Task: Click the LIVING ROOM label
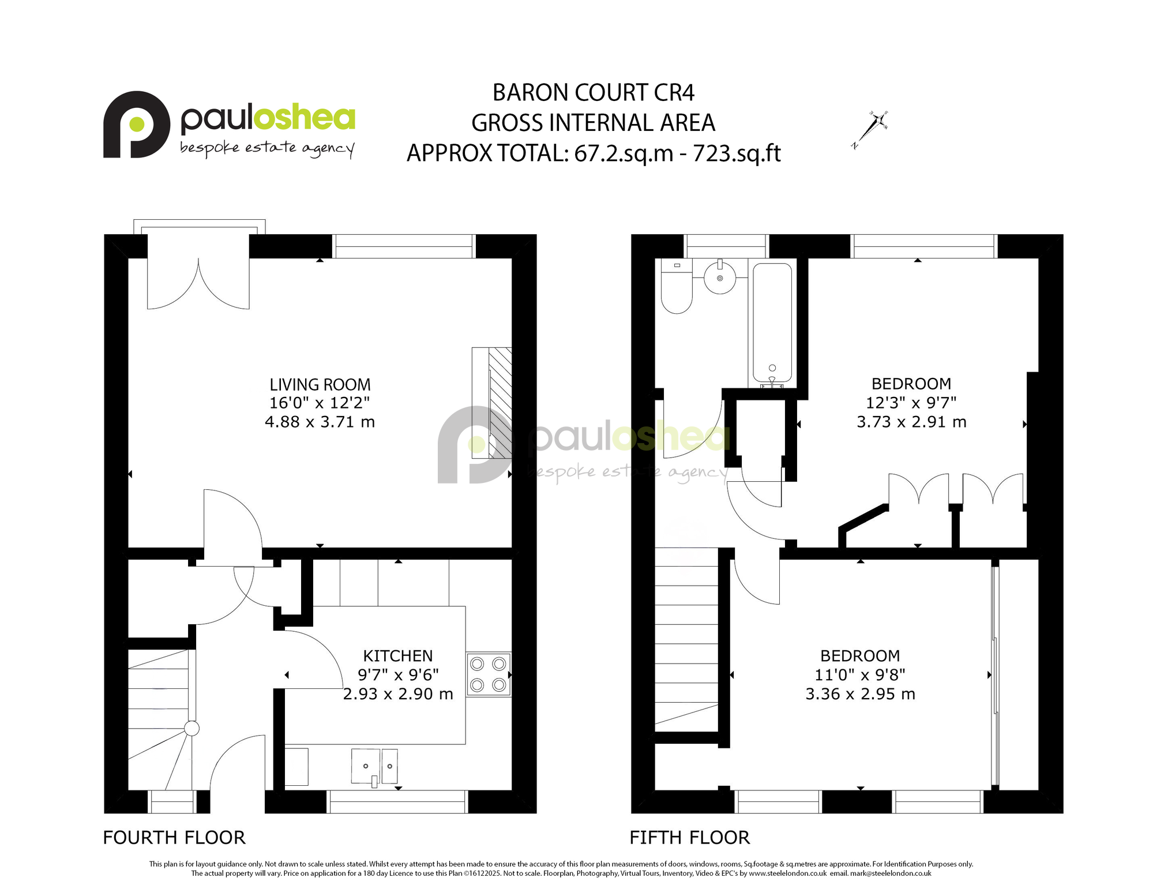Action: coord(320,385)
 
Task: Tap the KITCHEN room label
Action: coord(398,656)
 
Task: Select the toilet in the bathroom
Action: coord(677,286)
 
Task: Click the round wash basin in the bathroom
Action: coord(720,278)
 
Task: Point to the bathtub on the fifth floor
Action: coord(772,323)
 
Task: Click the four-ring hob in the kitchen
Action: coord(489,674)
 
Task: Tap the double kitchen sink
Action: coord(375,766)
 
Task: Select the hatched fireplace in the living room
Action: coord(492,403)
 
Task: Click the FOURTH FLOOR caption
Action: coord(174,838)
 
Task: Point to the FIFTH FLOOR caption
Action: coord(690,838)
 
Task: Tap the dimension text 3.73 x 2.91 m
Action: coord(911,422)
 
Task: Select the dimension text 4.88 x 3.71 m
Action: coord(320,422)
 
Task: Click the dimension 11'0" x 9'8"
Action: coord(860,674)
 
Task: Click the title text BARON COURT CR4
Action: coord(594,92)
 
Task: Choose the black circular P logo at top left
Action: coord(137,124)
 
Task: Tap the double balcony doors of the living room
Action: coord(198,283)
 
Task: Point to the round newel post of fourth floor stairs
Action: coord(191,729)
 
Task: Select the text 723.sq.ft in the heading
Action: coord(737,153)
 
